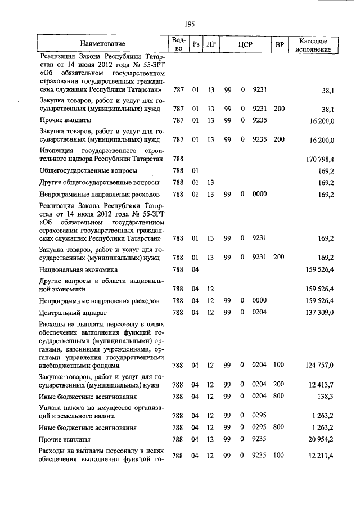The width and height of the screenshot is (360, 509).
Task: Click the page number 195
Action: point(189,24)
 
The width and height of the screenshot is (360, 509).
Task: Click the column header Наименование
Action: point(102,43)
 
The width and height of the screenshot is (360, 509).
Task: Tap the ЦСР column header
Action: point(243,44)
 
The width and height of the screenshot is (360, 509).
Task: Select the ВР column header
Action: point(278,44)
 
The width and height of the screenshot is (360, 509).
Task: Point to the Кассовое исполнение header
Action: point(316,44)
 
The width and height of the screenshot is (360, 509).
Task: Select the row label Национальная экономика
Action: point(79,269)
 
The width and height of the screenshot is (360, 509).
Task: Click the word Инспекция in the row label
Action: point(57,151)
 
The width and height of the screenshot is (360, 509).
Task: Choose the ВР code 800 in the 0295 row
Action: point(278,427)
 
